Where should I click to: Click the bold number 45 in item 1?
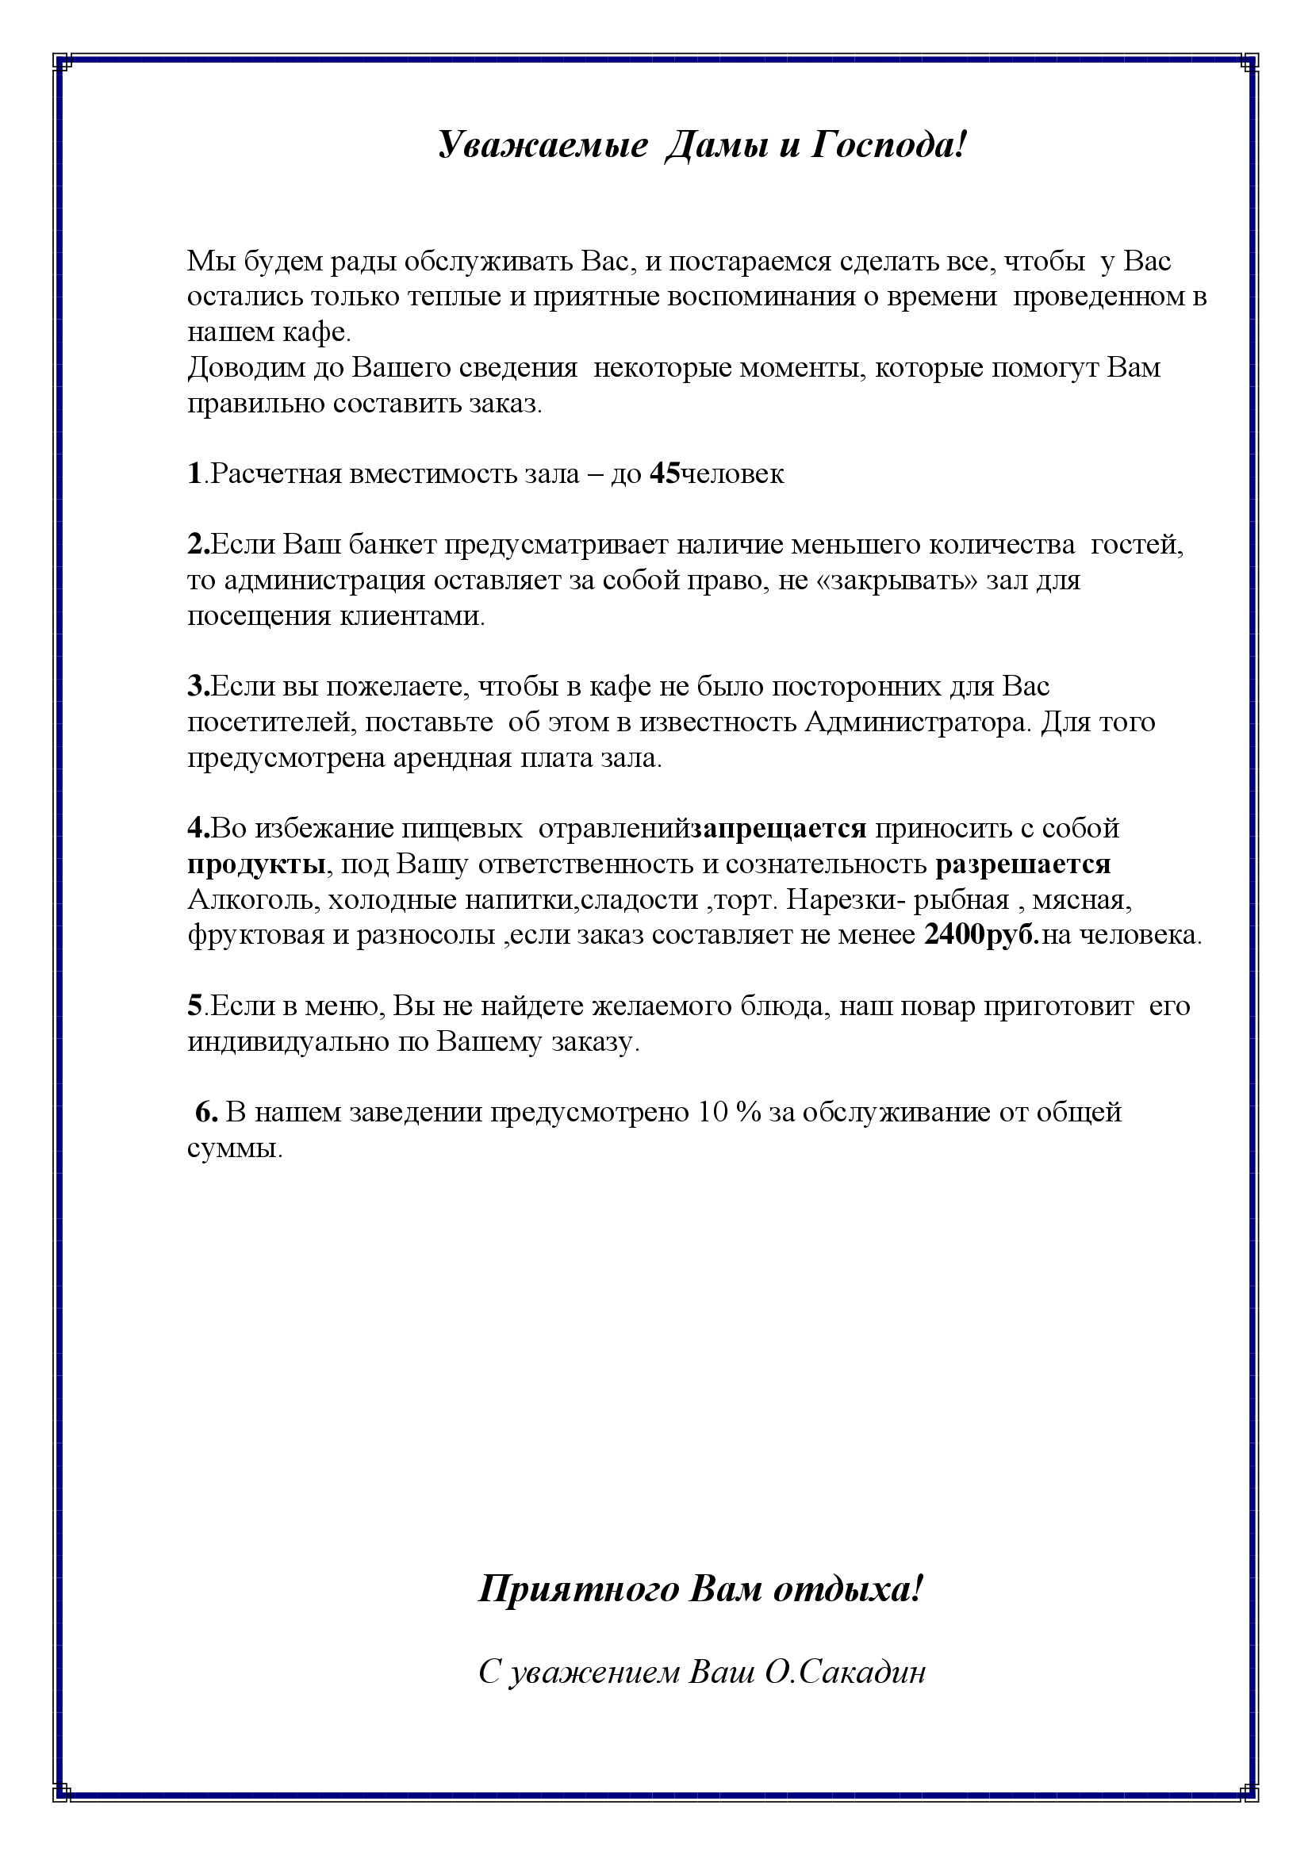tap(665, 473)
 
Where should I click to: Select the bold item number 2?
tap(198, 545)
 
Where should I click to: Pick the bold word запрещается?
tap(780, 828)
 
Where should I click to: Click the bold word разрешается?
tap(1022, 864)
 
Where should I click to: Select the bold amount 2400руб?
tap(981, 935)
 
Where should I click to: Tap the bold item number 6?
tap(206, 1113)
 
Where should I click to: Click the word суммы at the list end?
tap(234, 1148)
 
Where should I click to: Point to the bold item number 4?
tap(198, 828)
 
